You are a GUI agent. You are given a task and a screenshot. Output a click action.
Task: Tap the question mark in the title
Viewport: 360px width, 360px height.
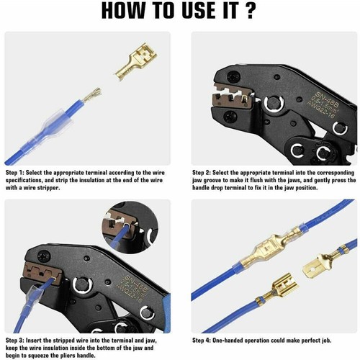click(251, 12)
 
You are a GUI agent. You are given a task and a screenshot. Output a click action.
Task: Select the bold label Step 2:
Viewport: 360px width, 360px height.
click(206, 174)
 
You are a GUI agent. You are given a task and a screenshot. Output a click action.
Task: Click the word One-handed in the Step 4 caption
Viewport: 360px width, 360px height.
click(245, 339)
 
